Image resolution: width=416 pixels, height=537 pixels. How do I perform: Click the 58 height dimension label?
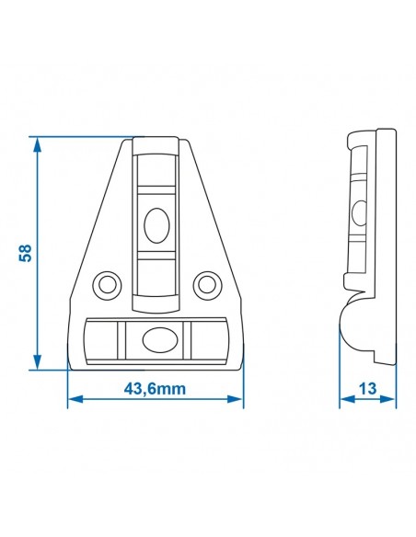point(26,253)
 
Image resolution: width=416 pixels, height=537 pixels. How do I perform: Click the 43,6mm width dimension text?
point(155,389)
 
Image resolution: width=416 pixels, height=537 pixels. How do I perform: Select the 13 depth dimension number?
point(368,389)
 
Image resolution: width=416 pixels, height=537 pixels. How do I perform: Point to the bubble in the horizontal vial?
point(156,339)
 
